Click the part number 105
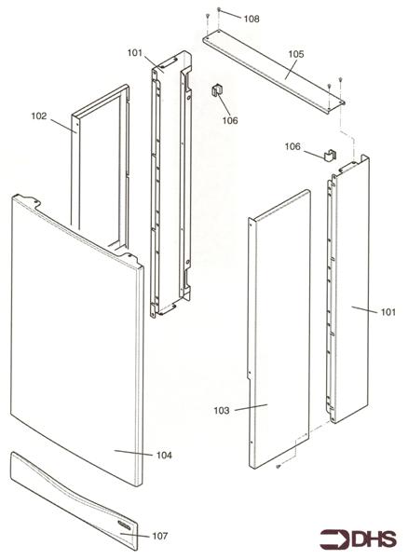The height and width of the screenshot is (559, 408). (x=295, y=55)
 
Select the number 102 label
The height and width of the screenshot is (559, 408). (x=39, y=116)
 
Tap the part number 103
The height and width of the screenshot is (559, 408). (x=222, y=409)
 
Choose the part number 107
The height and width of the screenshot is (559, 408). (x=160, y=536)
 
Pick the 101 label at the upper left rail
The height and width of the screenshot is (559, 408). (x=135, y=53)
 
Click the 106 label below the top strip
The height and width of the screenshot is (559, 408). (x=230, y=119)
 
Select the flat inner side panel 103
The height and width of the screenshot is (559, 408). (x=279, y=326)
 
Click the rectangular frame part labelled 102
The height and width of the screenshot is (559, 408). (x=93, y=158)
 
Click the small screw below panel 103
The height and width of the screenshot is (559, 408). (x=278, y=467)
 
